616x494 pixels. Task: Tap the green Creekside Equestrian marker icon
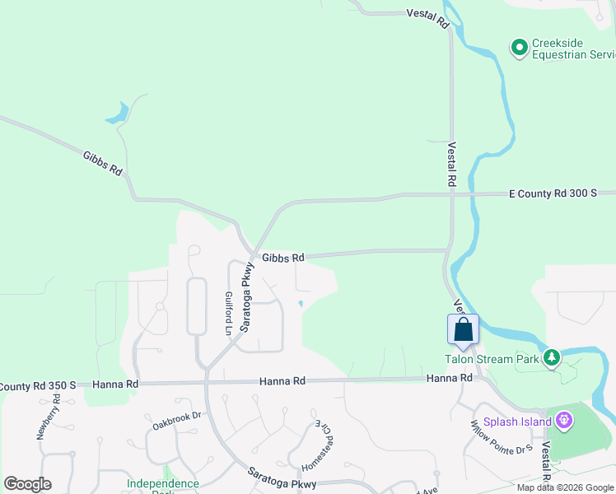coord(520,49)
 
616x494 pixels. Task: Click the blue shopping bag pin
coord(463,329)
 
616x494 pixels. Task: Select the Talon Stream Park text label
coord(492,358)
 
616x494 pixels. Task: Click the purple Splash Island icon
coord(563,421)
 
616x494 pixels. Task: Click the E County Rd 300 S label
coord(553,193)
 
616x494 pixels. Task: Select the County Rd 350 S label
coord(38,385)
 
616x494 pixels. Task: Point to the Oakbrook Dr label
coord(177,421)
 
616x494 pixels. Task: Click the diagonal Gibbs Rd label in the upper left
coord(103,162)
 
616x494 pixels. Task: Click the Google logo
coord(27,484)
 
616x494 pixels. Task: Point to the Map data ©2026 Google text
coord(565,487)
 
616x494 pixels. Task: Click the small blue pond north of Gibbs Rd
coord(117,113)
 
